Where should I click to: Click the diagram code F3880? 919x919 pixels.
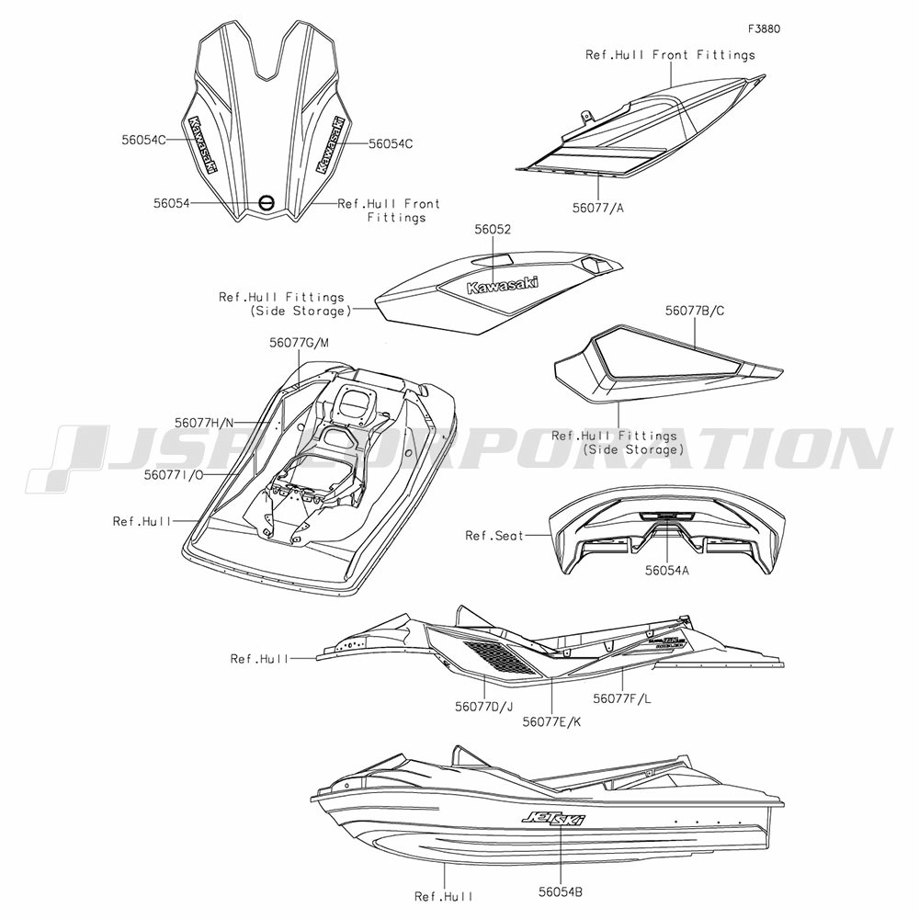point(764,28)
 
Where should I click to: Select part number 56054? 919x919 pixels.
point(171,203)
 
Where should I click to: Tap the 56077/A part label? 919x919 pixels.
point(598,208)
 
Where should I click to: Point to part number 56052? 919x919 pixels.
point(493,229)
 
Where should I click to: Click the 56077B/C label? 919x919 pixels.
point(695,311)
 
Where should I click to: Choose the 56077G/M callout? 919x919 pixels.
point(299,342)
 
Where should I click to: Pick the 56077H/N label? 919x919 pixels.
point(204,422)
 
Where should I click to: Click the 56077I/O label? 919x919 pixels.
point(174,475)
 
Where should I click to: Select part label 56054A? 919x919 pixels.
point(667,570)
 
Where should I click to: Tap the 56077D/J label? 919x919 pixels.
point(483,706)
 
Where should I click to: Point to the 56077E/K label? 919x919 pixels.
point(551,722)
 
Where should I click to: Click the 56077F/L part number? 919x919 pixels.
point(622,698)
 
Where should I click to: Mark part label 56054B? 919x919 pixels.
point(561,892)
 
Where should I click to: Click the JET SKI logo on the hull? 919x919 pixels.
point(552,818)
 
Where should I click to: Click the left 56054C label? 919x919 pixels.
point(144,140)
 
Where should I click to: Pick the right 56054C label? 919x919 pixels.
point(391,143)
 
